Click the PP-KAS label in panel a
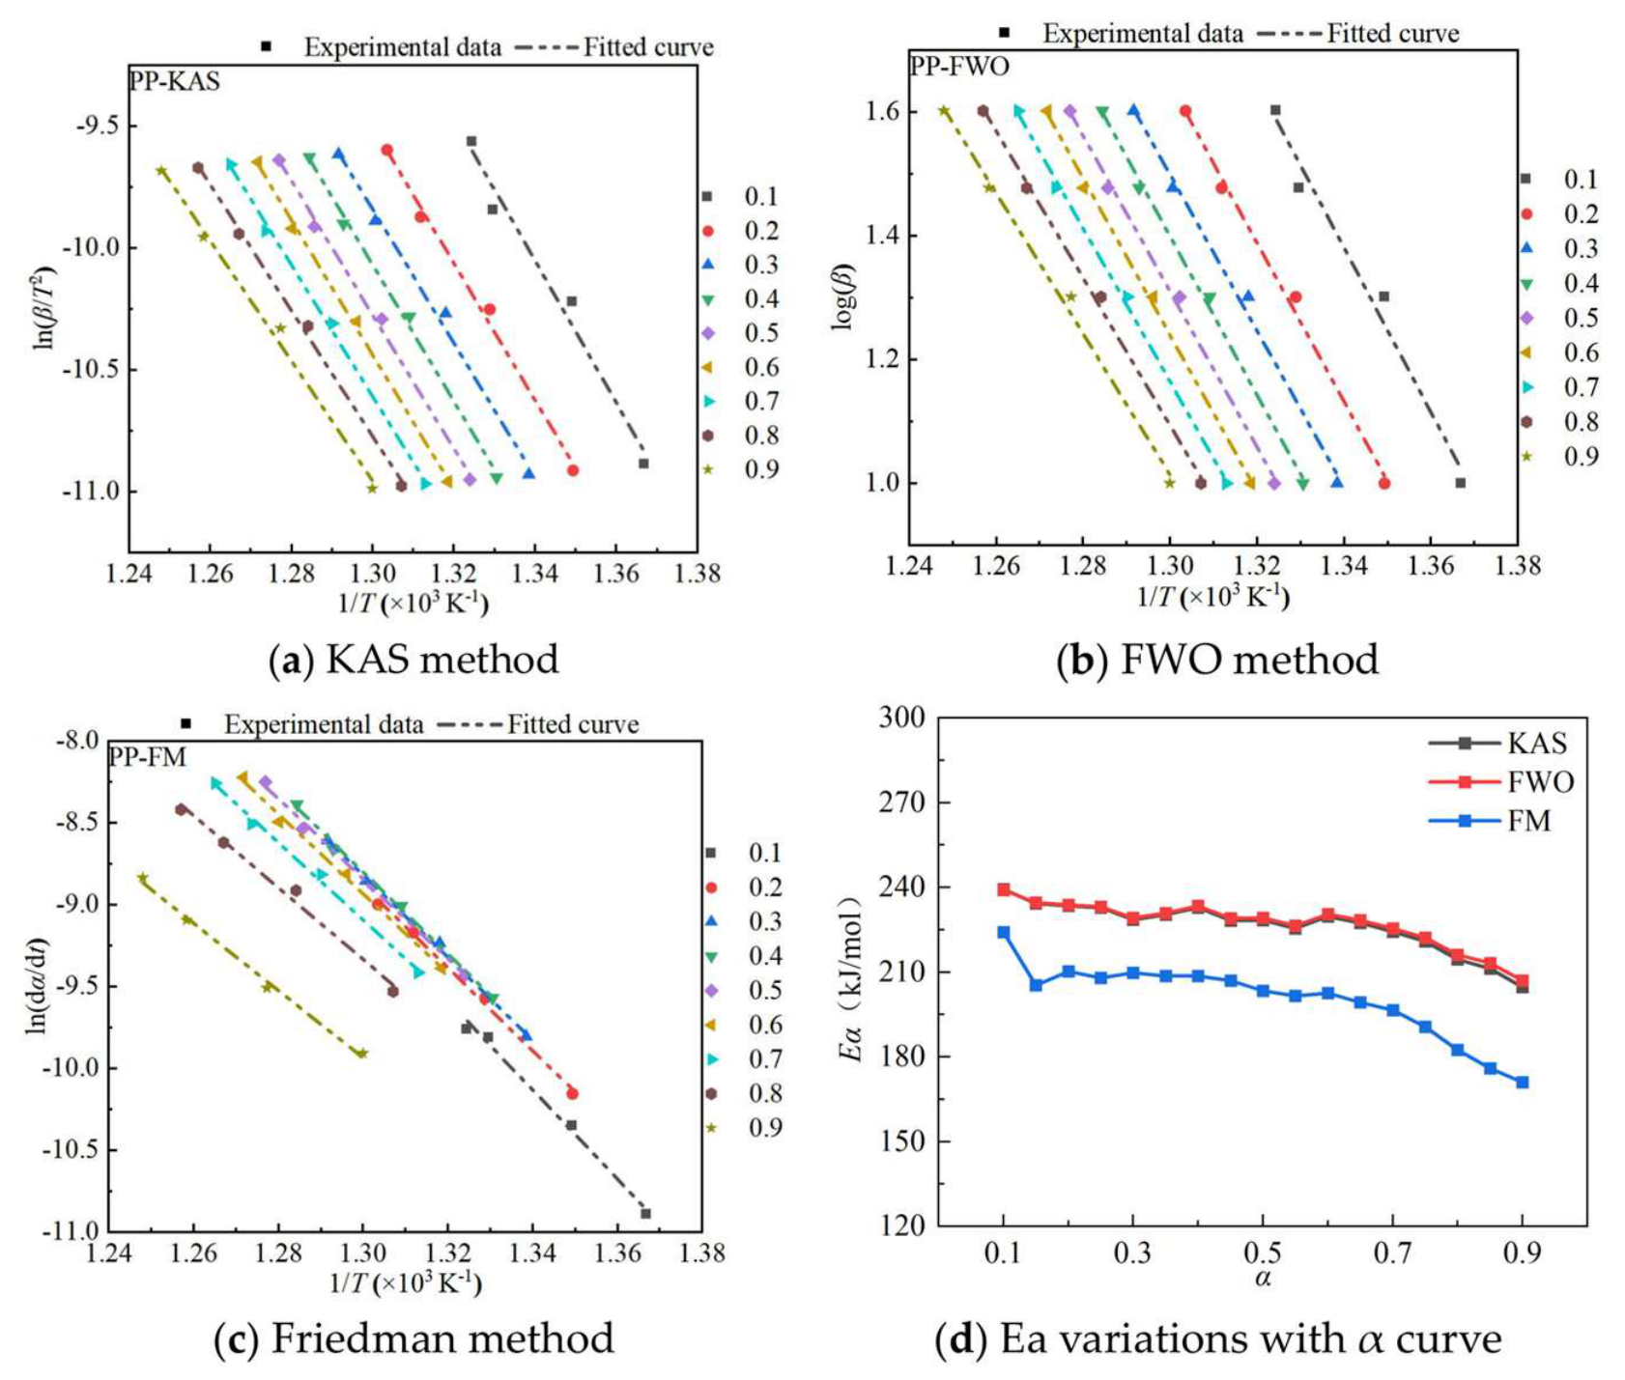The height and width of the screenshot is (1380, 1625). point(175,81)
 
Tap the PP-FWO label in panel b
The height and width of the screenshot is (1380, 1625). point(959,66)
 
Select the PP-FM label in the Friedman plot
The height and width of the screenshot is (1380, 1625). point(147,756)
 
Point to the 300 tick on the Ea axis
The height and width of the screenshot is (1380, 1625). point(901,717)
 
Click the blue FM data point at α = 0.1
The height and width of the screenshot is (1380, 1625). point(1004,932)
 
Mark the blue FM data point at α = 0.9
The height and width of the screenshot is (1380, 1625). point(1523,1082)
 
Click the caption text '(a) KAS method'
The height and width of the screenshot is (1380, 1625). point(413,660)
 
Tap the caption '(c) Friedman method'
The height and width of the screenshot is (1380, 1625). point(413,1338)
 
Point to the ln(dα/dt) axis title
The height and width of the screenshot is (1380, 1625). point(37,985)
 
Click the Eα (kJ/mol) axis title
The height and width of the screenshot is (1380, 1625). point(850,977)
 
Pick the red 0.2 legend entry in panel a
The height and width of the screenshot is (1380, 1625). point(744,231)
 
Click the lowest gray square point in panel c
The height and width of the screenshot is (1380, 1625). point(645,1213)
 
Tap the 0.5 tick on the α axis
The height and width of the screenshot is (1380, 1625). point(1262,1253)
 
